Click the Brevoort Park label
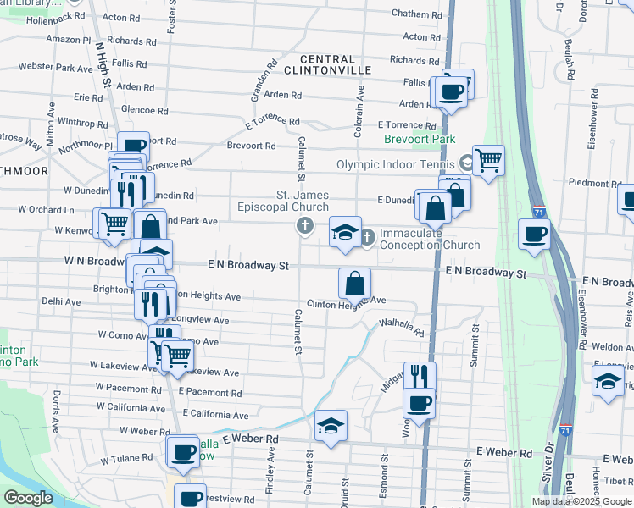tap(420, 140)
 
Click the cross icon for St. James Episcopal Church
tap(304, 225)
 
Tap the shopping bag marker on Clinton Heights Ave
tap(355, 284)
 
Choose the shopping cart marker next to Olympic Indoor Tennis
tap(488, 159)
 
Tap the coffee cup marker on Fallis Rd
tap(450, 91)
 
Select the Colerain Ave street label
tap(360, 109)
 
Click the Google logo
tap(29, 498)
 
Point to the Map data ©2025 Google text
tap(581, 501)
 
